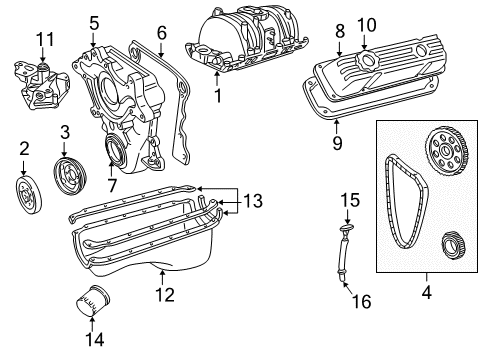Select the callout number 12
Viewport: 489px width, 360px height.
click(166, 294)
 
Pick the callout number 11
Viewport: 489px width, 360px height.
click(42, 39)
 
